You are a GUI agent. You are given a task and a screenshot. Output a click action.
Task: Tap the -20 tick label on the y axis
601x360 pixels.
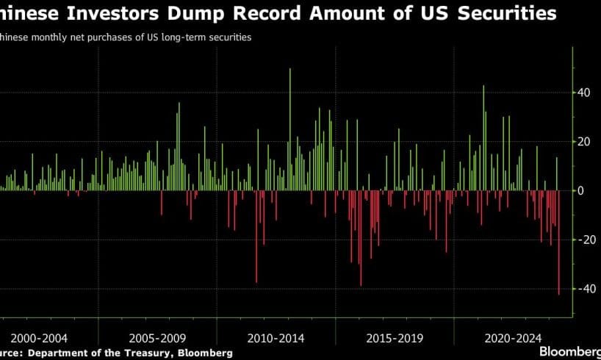(586, 240)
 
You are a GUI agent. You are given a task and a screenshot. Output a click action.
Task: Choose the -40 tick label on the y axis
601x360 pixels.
(586, 289)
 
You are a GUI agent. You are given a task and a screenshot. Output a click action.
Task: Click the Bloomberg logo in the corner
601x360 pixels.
(570, 351)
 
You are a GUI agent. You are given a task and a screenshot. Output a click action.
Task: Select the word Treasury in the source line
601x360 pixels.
(155, 353)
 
